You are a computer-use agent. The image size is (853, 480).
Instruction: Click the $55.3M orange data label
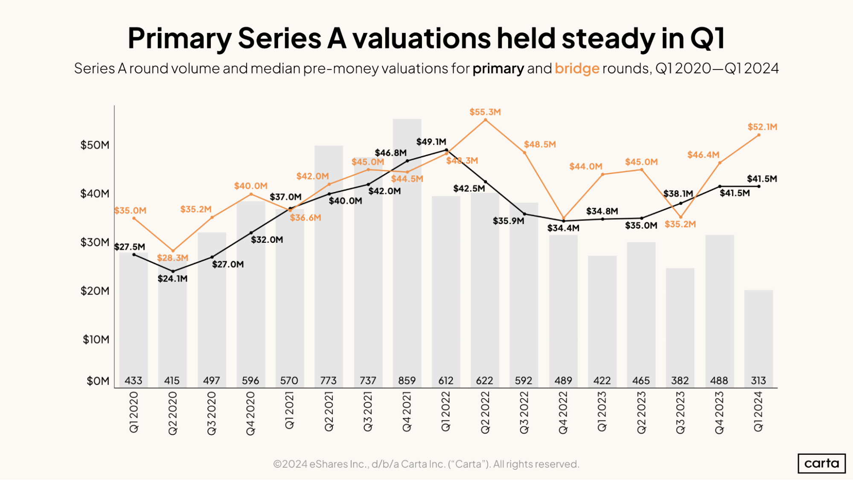485,112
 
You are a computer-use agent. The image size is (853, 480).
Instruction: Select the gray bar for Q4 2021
407,256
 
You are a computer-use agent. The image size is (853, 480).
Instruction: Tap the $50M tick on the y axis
95,145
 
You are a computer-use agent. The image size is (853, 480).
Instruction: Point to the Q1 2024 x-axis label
758,412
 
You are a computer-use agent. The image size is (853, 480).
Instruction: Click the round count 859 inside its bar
407,380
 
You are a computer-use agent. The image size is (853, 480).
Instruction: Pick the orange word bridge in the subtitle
576,68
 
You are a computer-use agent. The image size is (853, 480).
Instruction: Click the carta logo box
821,463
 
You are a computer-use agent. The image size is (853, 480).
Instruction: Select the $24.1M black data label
172,279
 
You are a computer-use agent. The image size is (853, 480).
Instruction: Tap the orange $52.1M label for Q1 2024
762,127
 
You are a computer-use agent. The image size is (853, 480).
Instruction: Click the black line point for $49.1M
446,150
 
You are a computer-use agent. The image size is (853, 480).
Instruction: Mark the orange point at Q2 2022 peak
485,120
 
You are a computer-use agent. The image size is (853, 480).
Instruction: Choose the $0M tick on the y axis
98,381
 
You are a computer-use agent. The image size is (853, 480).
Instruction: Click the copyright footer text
426,464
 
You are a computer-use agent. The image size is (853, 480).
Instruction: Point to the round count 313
758,380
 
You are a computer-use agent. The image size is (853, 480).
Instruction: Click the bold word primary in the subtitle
498,68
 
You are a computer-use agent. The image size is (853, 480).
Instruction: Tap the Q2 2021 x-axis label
329,412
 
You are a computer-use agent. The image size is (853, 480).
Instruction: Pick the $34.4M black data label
563,228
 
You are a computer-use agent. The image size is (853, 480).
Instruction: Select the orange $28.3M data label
172,258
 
